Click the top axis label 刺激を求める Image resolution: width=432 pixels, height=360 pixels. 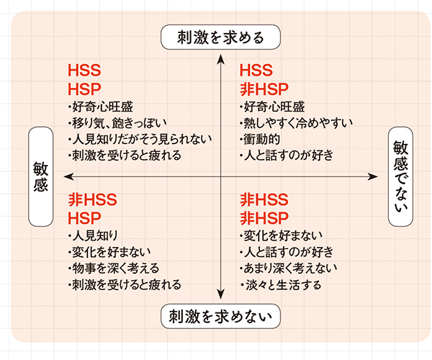[x=217, y=37]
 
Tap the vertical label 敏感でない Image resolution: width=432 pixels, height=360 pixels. [x=401, y=176]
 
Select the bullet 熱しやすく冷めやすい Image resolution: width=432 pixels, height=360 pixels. [x=295, y=122]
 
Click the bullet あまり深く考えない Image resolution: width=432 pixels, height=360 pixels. [x=288, y=268]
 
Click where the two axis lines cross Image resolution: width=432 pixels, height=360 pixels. [x=218, y=176]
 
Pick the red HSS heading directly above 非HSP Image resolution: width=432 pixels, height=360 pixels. [x=256, y=71]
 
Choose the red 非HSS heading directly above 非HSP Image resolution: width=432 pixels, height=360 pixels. [x=264, y=199]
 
